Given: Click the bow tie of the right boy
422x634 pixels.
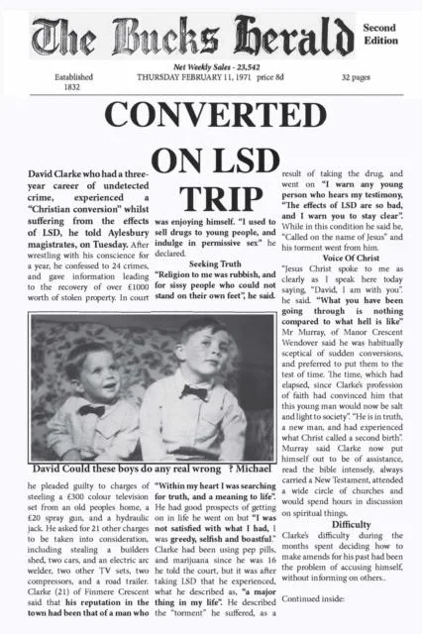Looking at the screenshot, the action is point(195,393).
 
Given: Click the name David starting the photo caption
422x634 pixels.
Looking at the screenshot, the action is point(55,467).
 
